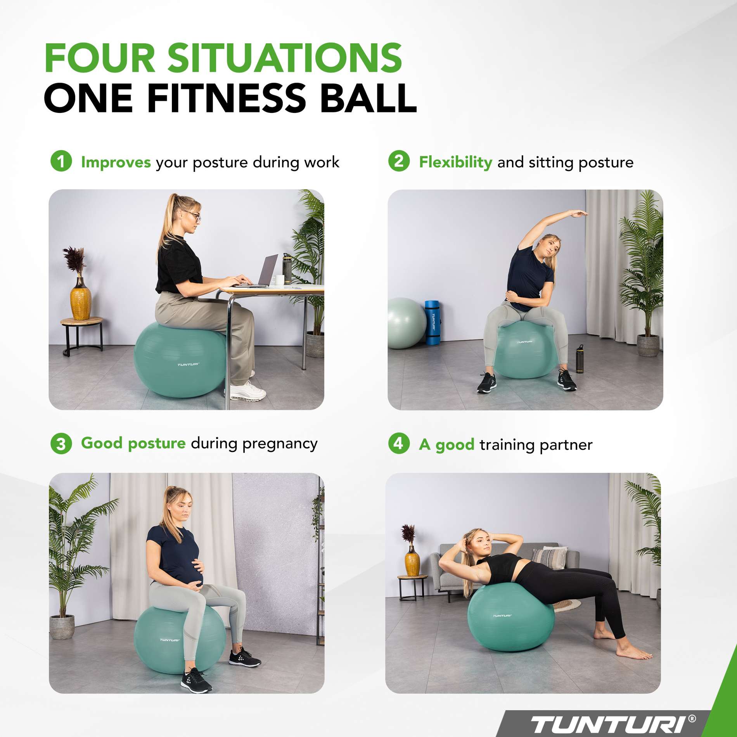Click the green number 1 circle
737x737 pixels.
[x=61, y=161]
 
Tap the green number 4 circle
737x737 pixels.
[x=399, y=443]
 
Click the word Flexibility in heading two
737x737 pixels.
[x=455, y=162]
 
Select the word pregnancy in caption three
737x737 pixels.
[x=280, y=444]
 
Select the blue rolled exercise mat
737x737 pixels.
[x=433, y=322]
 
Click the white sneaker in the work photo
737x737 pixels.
[x=248, y=391]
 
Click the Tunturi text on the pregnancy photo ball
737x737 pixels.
[x=170, y=640]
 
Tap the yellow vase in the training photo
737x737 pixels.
[x=412, y=563]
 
